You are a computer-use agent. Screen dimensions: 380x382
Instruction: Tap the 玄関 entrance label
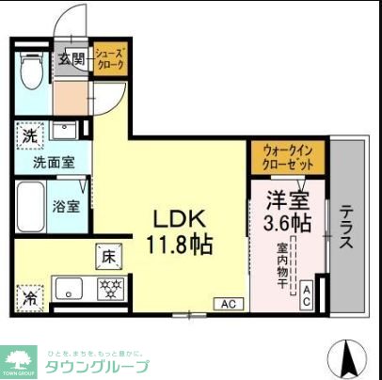[72, 59]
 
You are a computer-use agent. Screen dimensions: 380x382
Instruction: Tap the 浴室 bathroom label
[66, 205]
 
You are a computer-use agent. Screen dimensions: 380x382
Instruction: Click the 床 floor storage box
[108, 254]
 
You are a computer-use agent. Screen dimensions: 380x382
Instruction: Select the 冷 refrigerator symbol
[30, 299]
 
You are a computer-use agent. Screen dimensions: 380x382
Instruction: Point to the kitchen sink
[67, 288]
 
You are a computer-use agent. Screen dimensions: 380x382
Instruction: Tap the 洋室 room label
[287, 200]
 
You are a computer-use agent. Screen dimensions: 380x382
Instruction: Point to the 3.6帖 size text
[287, 223]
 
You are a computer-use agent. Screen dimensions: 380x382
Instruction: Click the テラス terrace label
[346, 227]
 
